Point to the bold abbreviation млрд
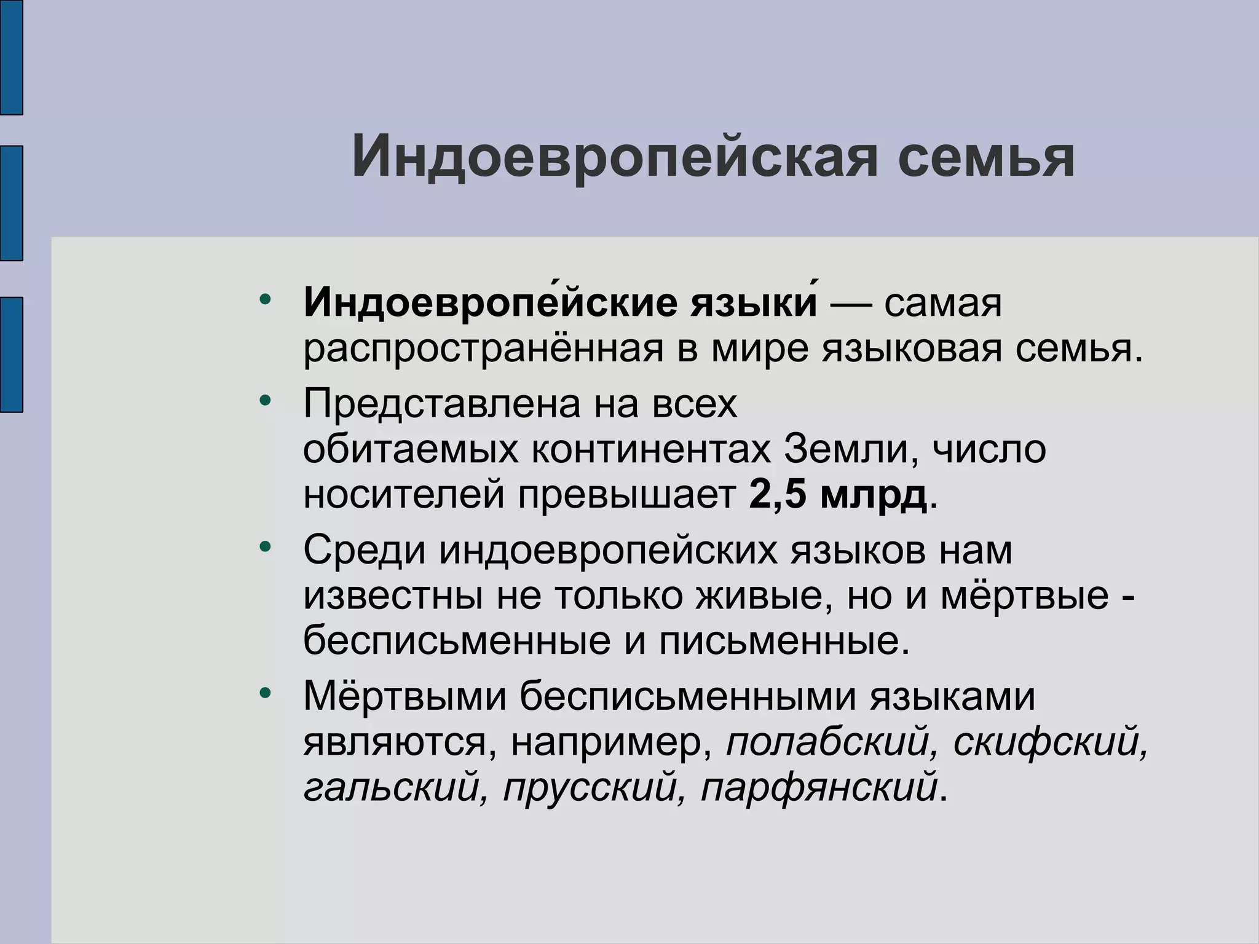873,495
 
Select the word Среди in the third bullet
364,550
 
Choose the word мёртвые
1024,595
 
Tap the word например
606,742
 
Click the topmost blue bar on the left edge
11,57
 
